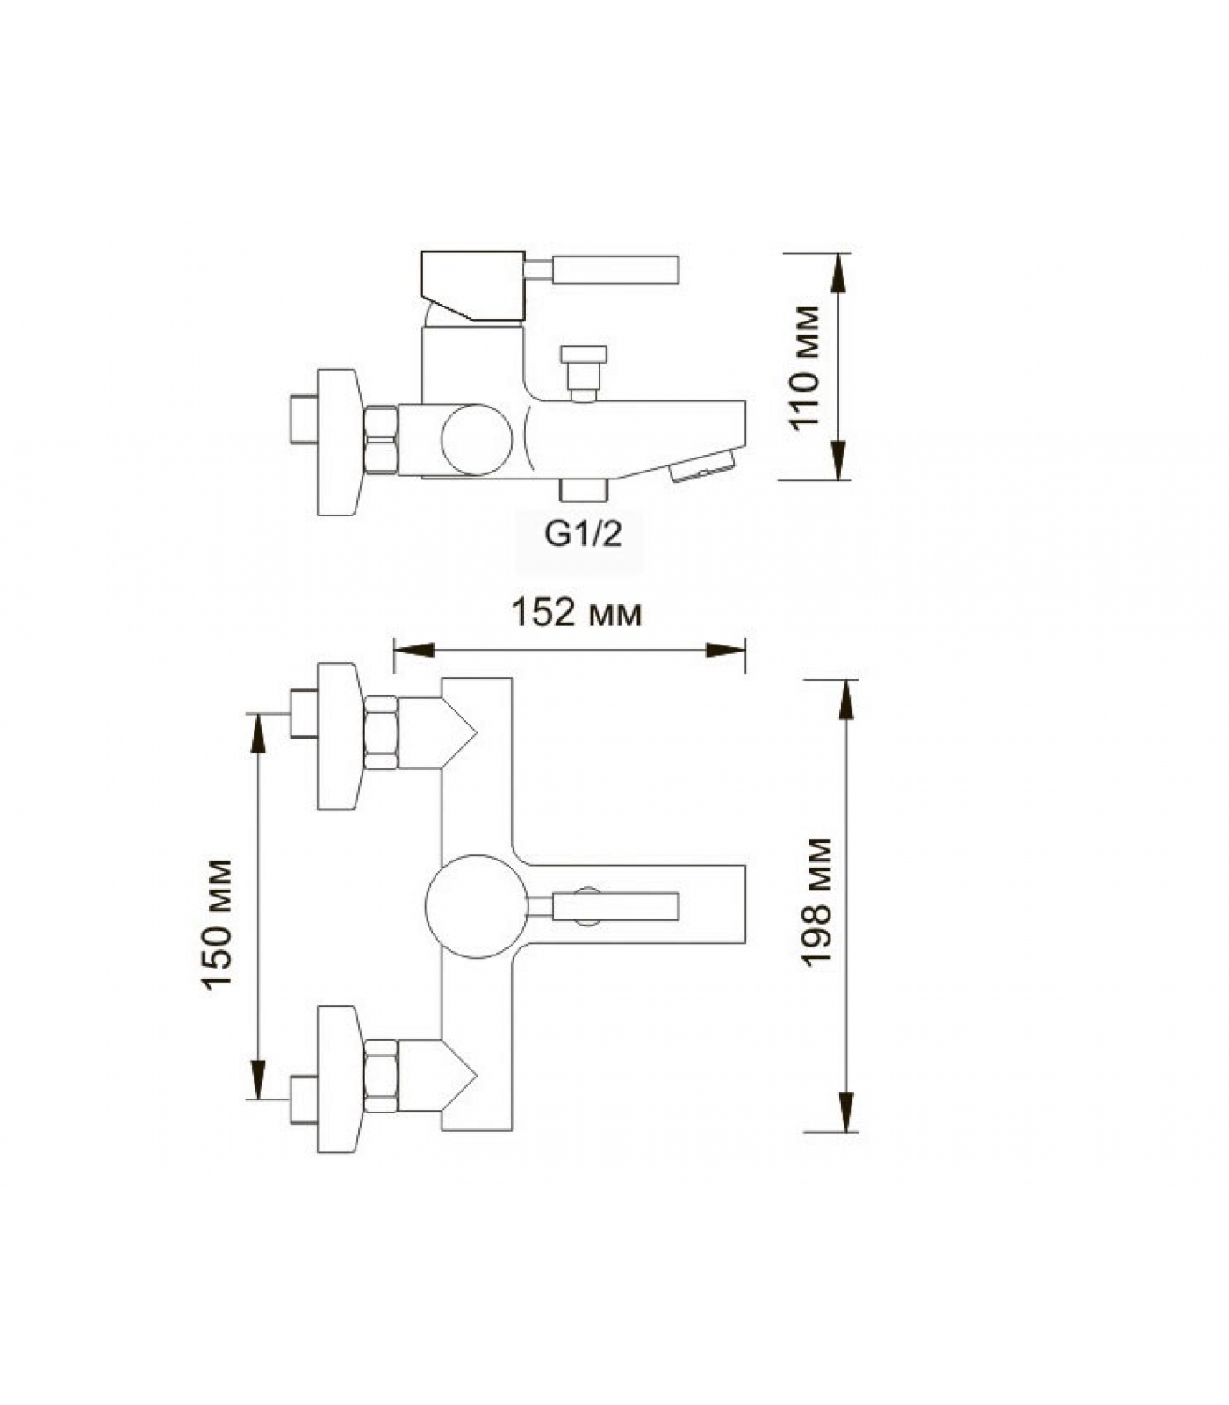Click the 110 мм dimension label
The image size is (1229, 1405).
click(805, 367)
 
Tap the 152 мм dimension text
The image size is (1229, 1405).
click(577, 613)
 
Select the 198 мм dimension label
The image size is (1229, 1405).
click(817, 903)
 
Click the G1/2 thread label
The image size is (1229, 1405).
click(584, 533)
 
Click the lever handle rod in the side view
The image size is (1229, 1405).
click(602, 270)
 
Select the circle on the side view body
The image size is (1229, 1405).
click(477, 440)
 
